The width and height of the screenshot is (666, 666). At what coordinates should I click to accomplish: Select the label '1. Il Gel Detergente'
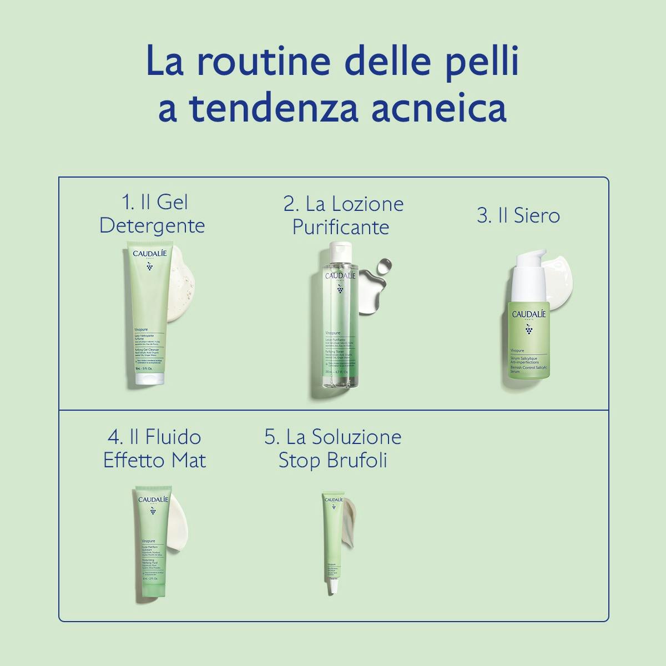click(152, 214)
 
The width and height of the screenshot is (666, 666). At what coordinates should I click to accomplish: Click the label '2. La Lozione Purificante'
click(343, 215)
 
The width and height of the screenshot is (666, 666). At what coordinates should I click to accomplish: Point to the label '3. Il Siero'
click(518, 215)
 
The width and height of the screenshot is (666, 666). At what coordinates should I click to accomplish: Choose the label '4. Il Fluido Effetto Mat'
click(154, 448)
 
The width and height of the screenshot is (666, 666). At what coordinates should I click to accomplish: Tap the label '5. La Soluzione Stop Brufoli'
click(333, 448)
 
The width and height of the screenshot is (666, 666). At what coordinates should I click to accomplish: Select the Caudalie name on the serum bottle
click(528, 314)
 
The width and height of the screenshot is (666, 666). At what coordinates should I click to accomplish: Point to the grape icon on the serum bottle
click(528, 330)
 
